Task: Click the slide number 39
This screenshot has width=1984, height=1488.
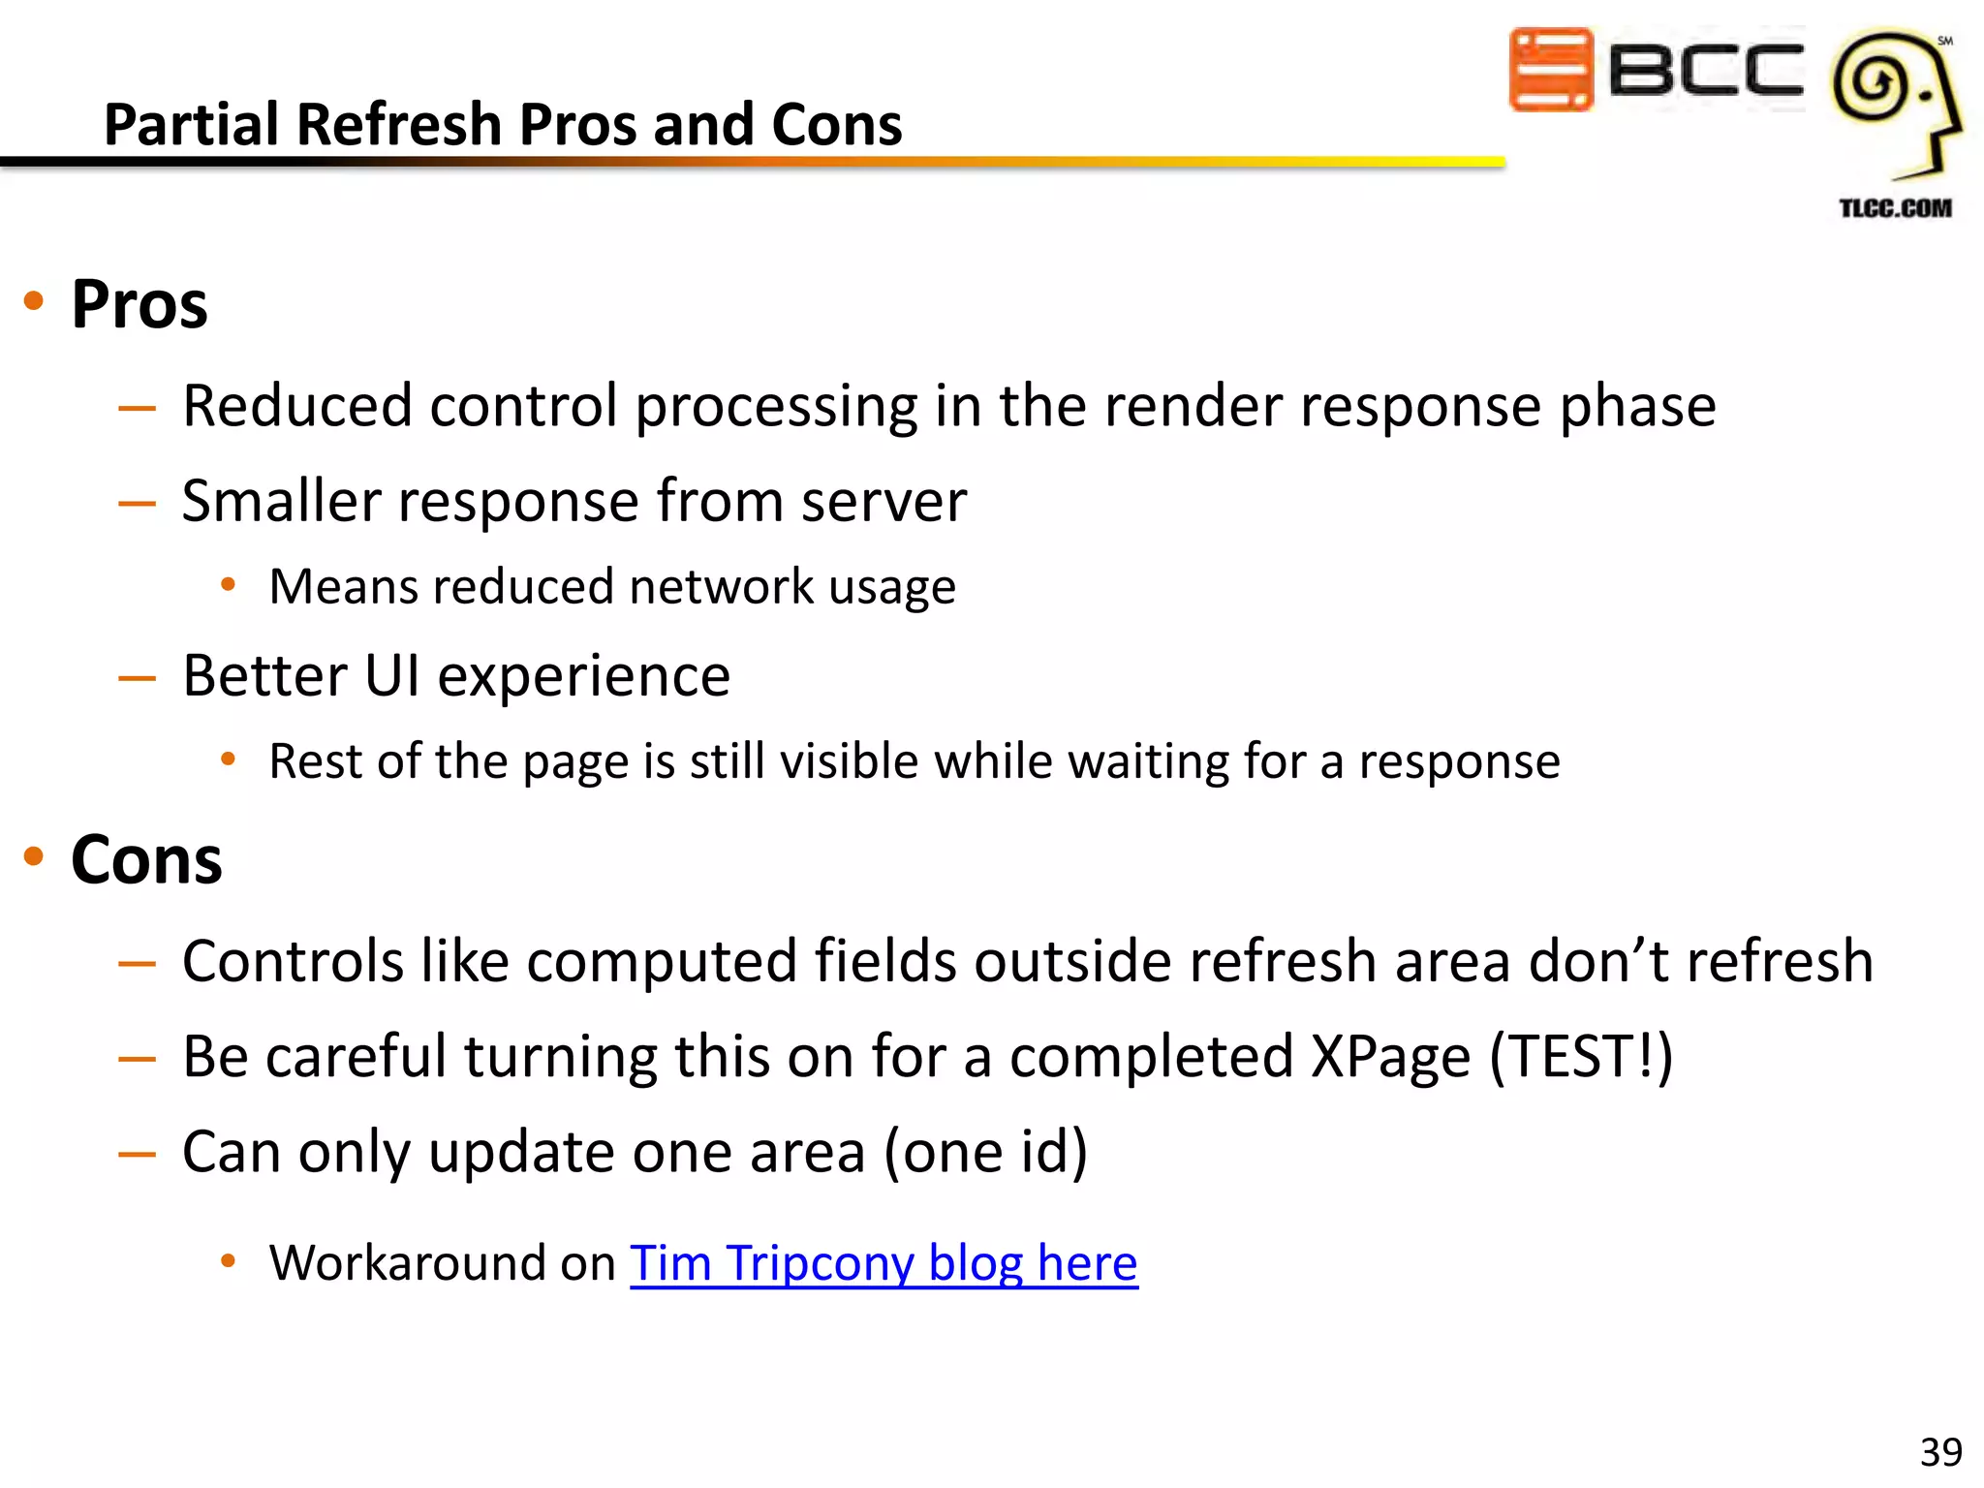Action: (1940, 1452)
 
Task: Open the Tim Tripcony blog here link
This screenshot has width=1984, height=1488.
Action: (883, 1263)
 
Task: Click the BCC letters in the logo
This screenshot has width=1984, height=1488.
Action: (1705, 70)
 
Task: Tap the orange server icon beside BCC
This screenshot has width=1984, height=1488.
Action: (1550, 70)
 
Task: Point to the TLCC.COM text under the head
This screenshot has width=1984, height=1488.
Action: (1895, 208)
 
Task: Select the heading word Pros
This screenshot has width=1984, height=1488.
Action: (139, 305)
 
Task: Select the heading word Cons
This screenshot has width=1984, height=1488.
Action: (146, 860)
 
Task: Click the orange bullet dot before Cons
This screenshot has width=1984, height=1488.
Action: (34, 856)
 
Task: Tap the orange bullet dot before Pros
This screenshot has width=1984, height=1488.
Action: (34, 301)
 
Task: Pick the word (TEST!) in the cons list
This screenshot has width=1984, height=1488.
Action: (1581, 1056)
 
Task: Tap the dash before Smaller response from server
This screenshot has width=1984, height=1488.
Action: (137, 504)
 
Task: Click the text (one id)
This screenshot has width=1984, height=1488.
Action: (985, 1152)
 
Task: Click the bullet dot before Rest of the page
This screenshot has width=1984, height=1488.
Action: (229, 759)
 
